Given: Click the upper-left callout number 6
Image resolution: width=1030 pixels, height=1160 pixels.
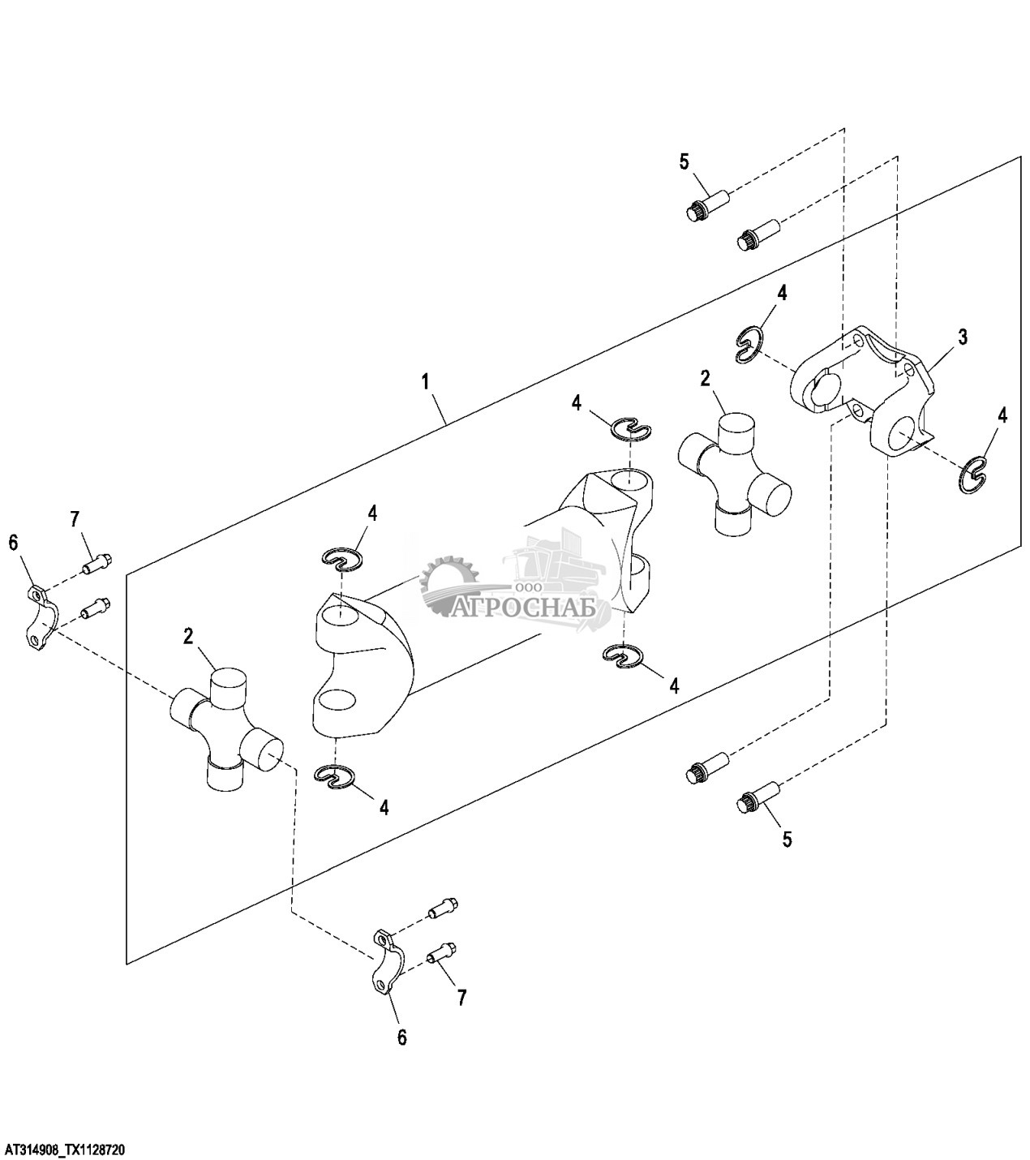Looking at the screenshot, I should coord(13,543).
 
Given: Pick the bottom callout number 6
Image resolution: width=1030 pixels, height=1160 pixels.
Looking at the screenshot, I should coord(401,1037).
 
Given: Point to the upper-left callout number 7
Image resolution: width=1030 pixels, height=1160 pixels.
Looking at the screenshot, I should coord(75,518).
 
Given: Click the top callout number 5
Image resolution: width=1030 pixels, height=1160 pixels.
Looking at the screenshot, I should coord(685,161).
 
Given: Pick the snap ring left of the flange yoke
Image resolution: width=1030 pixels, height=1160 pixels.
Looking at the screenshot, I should coord(749,344).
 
